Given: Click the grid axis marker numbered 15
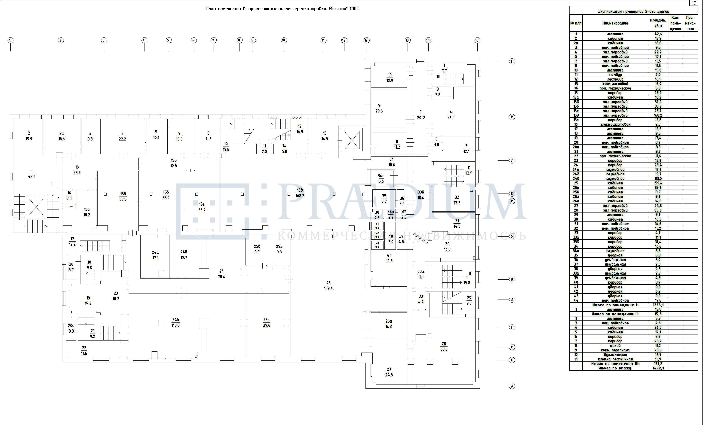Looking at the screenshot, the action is click(477, 40).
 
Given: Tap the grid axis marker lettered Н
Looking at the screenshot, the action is click(512, 61).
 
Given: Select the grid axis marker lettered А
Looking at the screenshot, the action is click(512, 386).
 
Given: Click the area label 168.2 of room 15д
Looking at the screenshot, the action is click(300, 196).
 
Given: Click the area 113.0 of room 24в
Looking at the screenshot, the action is click(175, 325).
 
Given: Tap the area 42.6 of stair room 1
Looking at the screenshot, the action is click(32, 177).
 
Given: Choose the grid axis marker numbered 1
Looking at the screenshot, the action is click(10, 40).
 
